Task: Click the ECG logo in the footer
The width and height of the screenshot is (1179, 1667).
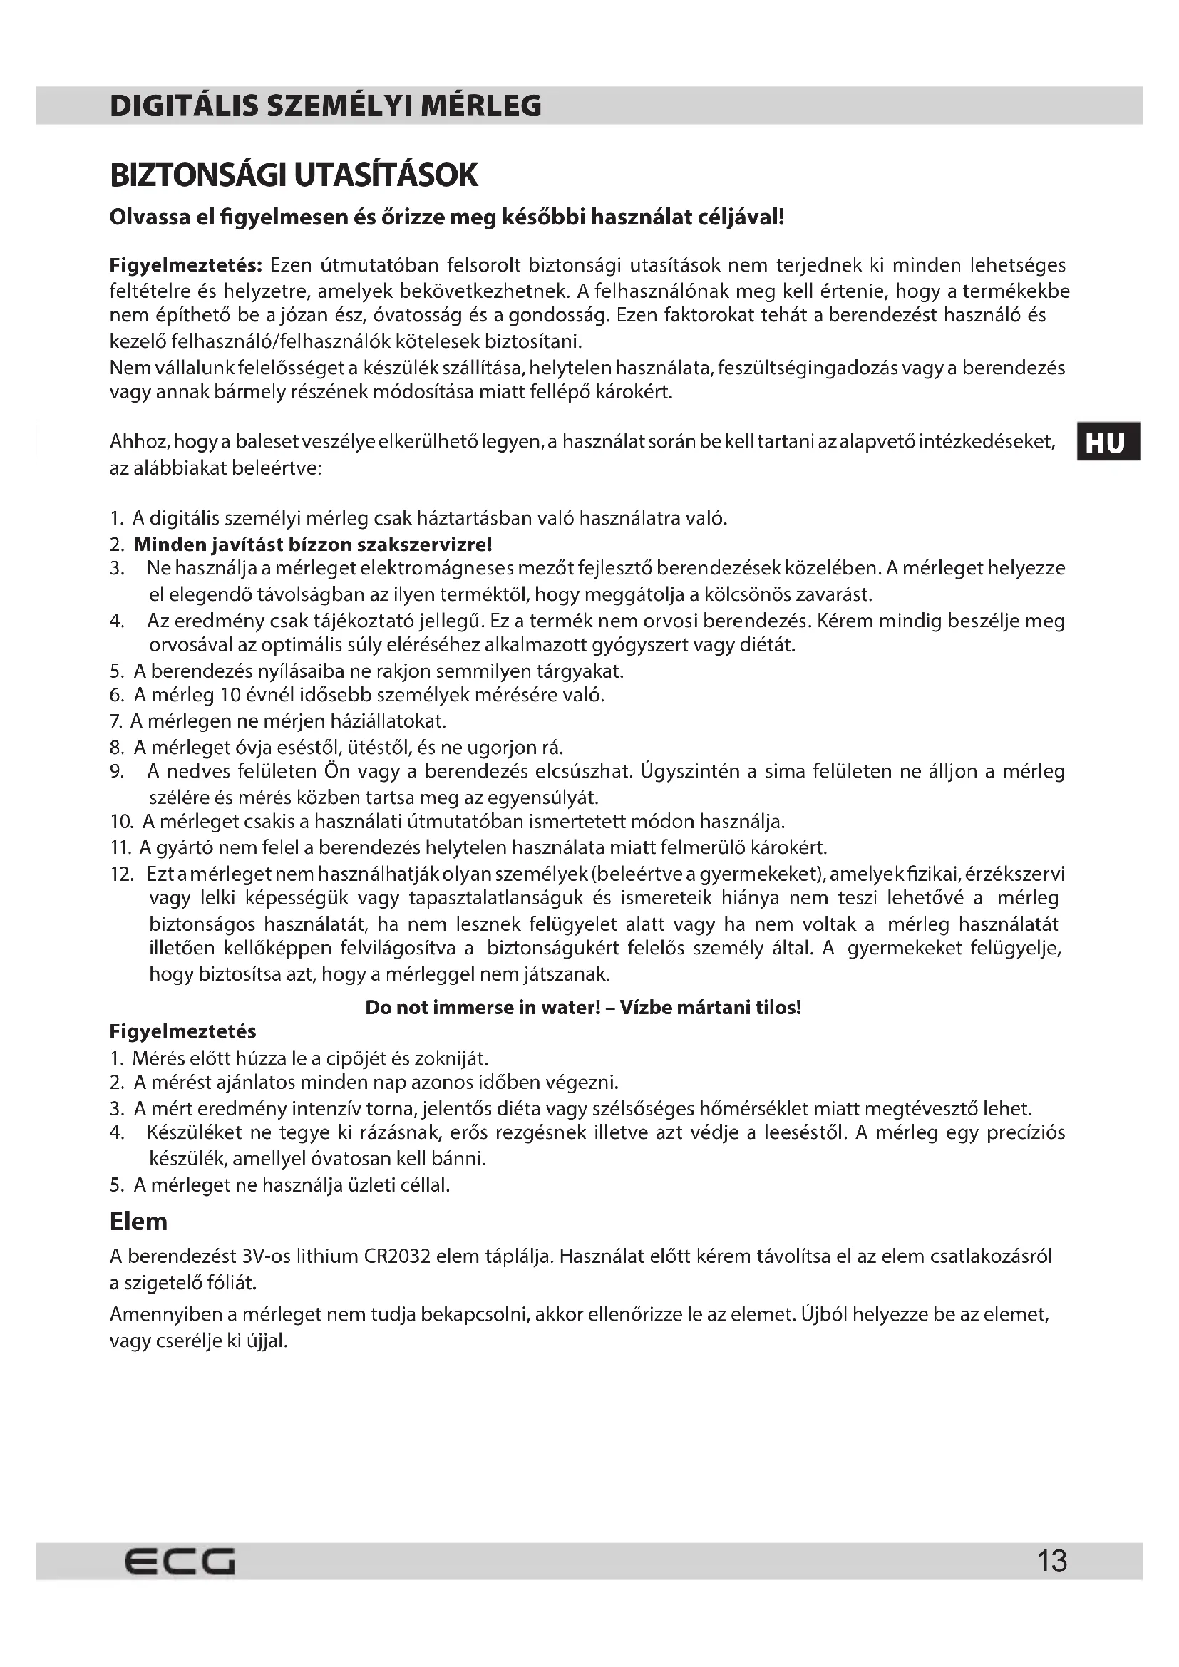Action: (180, 1560)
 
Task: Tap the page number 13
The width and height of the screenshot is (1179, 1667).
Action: (1052, 1560)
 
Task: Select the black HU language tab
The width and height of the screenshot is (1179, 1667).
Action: (1107, 441)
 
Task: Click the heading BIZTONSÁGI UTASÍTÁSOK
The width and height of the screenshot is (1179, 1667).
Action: (294, 176)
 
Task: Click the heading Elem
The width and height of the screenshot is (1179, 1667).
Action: (138, 1222)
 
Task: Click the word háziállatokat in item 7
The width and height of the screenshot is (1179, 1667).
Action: (392, 721)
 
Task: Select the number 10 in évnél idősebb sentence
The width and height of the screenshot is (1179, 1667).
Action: (230, 695)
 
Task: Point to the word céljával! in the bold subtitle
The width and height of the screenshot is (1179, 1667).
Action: (740, 217)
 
